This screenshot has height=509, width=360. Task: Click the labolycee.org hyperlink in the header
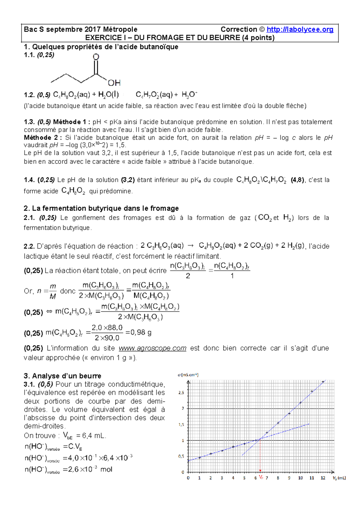point(300,29)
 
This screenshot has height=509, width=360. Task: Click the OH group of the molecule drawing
point(114,83)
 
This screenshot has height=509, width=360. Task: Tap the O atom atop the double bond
point(96,57)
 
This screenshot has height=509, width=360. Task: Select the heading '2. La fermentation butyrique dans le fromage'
point(101,208)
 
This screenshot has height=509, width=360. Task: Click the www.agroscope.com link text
point(152,348)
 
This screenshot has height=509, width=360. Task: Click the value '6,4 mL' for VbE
point(94,436)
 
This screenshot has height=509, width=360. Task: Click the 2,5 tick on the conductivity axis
point(181,393)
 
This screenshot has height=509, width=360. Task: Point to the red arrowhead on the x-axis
point(260,471)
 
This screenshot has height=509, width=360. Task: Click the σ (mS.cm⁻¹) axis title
point(188,375)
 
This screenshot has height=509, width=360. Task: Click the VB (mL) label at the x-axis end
point(339,478)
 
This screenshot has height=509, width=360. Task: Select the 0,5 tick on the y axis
point(181,456)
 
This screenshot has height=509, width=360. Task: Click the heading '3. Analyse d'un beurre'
point(62,376)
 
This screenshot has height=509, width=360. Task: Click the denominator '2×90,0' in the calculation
point(107,338)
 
